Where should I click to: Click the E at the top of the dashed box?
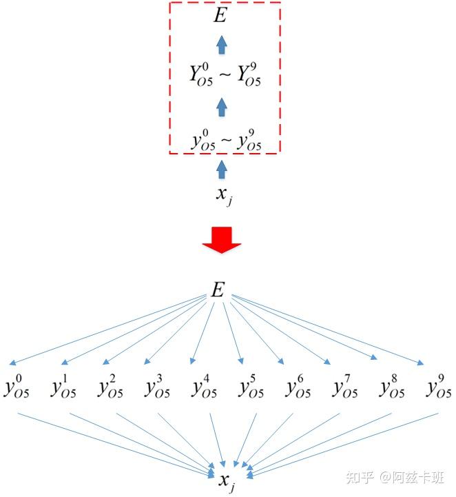(220, 16)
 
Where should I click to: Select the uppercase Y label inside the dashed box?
(225, 77)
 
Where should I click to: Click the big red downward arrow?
(221, 238)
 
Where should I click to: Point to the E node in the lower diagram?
(218, 291)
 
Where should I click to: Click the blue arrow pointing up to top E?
(221, 45)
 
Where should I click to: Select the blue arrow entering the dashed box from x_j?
(221, 168)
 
